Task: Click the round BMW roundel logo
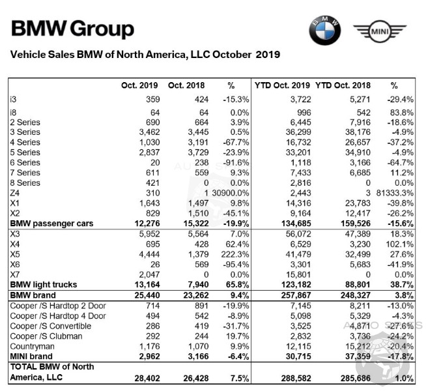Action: coord(325,31)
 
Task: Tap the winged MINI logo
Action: coord(380,31)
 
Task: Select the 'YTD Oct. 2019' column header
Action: coord(282,85)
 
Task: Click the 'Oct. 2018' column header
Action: coord(186,85)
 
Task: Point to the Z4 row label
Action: coord(15,193)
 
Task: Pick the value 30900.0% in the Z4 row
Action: coord(231,193)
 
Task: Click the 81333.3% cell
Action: coord(395,193)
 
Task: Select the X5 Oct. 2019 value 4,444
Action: coord(149,254)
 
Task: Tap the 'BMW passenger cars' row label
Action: coord(51,224)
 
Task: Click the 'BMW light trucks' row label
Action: coord(44,285)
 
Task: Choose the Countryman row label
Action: coord(32,347)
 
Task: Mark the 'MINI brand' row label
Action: coord(31,356)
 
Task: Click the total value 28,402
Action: coord(147,378)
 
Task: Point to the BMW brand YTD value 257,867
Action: coord(296,295)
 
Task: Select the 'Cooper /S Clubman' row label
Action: coord(46,336)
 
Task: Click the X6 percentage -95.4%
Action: coord(235,265)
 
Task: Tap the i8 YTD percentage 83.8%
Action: coord(400,113)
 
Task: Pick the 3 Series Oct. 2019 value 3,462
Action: coord(149,132)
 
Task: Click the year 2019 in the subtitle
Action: coord(268,54)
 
